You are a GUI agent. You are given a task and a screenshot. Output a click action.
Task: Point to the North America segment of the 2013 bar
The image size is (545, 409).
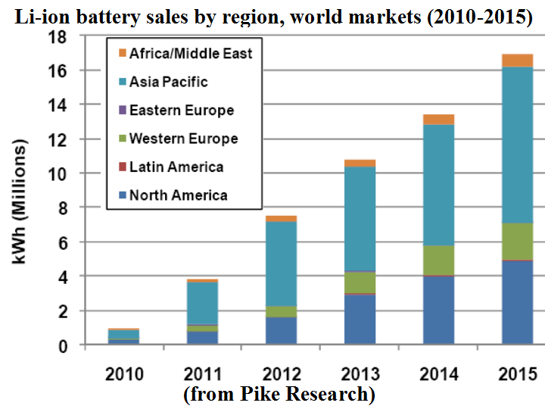pyautogui.click(x=360, y=320)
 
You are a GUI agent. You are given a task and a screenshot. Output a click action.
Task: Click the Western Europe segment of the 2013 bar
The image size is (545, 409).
pyautogui.click(x=360, y=282)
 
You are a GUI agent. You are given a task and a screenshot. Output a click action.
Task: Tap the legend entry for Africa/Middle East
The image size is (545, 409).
pyautogui.click(x=191, y=53)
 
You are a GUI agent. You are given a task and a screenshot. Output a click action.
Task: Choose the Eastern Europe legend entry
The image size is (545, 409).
pyautogui.click(x=182, y=110)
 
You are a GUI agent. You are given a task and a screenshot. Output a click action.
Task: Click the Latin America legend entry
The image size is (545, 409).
pyautogui.click(x=176, y=167)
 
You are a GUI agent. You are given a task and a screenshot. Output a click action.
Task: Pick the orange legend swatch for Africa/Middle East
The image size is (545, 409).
pyautogui.click(x=121, y=53)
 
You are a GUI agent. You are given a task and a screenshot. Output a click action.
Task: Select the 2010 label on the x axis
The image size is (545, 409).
pyautogui.click(x=124, y=374)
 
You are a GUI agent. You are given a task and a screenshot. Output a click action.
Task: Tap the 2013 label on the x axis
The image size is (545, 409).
pyautogui.click(x=360, y=374)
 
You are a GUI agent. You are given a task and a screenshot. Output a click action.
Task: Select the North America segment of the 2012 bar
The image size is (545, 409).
pyautogui.click(x=281, y=331)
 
